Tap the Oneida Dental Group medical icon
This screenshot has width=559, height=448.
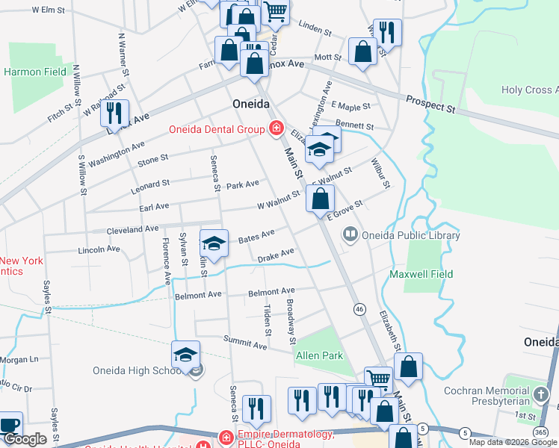(x=277, y=128)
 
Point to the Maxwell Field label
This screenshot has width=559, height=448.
(x=421, y=274)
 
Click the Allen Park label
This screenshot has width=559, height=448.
(x=319, y=356)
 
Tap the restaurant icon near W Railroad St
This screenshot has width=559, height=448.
(x=114, y=113)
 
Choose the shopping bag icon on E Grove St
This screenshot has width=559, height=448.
(x=320, y=199)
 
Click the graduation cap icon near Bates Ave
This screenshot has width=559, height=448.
(x=214, y=243)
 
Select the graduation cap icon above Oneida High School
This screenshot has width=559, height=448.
(x=185, y=355)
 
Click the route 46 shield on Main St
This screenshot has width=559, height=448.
(x=360, y=308)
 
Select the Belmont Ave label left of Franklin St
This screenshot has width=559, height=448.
(x=197, y=295)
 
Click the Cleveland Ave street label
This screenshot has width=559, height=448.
(x=132, y=228)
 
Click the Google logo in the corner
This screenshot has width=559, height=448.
(x=25, y=440)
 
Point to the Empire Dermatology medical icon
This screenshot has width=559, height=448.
(x=224, y=438)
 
